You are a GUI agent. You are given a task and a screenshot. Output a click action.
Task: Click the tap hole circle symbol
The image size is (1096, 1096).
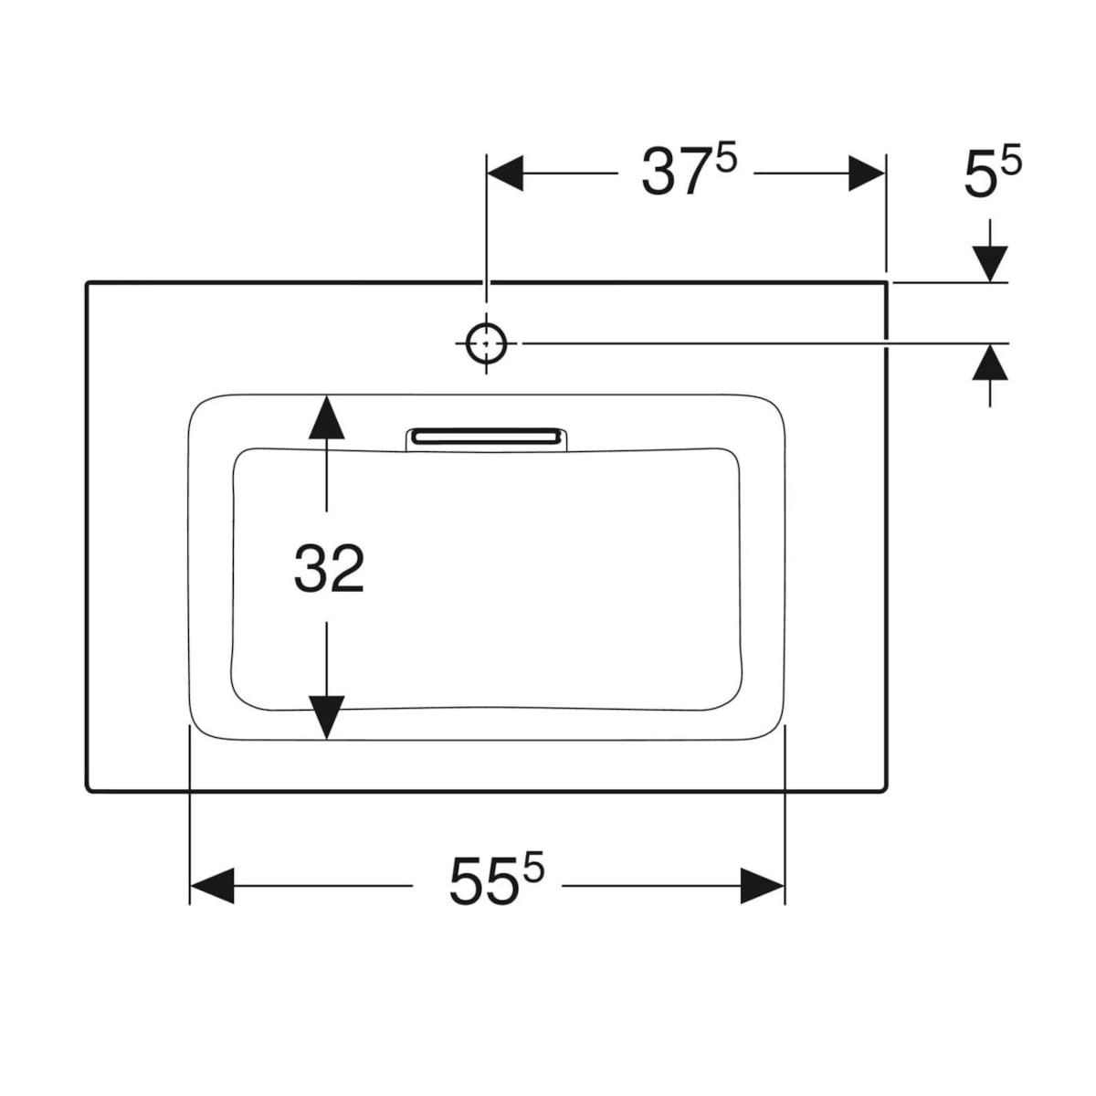click(x=487, y=343)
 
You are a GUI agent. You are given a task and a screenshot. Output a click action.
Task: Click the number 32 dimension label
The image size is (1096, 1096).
click(x=329, y=568)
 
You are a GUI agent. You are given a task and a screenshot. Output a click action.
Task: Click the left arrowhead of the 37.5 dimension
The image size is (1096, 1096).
click(x=506, y=174)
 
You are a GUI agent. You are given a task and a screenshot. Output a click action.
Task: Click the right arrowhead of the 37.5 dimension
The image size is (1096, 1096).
click(x=866, y=174)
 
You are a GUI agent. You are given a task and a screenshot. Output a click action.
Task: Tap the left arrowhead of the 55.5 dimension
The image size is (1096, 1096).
click(x=210, y=885)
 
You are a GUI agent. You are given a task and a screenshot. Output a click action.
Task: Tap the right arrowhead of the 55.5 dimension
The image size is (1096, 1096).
click(x=763, y=885)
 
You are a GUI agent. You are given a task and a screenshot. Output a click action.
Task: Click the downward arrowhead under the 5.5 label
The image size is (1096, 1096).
click(x=990, y=264)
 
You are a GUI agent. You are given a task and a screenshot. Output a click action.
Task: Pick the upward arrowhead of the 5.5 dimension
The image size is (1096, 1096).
click(x=990, y=363)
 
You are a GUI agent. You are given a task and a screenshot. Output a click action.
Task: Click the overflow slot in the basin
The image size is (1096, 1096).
click(x=486, y=437)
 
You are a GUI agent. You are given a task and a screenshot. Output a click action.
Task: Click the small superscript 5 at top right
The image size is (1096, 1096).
click(x=1012, y=161)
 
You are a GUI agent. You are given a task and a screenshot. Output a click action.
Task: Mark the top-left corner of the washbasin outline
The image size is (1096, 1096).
click(x=88, y=284)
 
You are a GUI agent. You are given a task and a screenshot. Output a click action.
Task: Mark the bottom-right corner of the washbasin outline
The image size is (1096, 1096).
click(x=886, y=790)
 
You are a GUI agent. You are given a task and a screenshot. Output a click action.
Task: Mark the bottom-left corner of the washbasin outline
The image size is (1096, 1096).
click(x=88, y=790)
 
